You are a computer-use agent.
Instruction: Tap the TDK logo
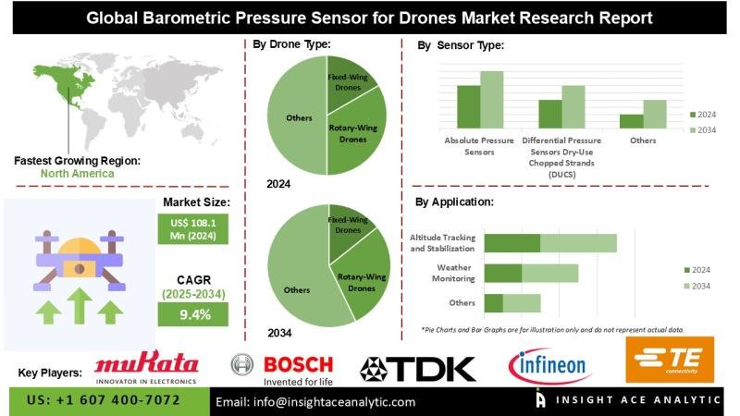[417, 369]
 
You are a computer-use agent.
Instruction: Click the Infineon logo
[550, 367]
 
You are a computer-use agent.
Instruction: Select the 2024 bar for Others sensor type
[631, 121]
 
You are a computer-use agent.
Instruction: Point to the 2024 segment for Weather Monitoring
[503, 273]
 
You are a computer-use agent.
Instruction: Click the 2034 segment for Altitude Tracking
[578, 243]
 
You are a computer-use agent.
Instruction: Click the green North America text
[78, 173]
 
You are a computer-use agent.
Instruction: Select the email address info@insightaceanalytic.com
[315, 402]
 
